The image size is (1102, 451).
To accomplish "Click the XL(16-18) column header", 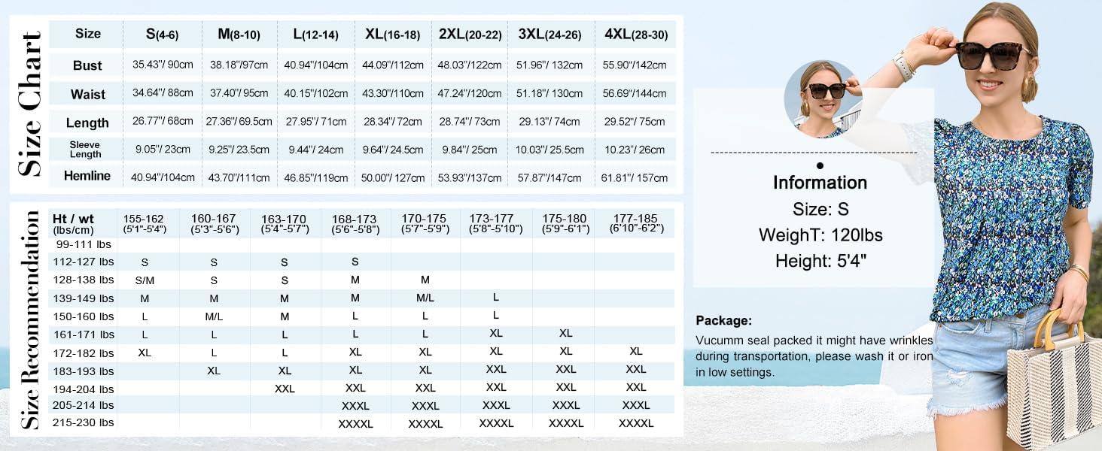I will [392, 35].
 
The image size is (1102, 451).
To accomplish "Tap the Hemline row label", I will [87, 176].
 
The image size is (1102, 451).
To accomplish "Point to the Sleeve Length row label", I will [85, 150].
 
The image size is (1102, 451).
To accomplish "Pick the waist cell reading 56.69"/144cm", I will [635, 94].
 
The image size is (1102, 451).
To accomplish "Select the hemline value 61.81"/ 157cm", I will [635, 178].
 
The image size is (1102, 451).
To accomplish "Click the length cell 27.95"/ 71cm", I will [316, 122].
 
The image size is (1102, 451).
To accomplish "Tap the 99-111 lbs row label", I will [84, 244].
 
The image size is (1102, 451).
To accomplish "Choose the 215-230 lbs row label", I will [83, 422].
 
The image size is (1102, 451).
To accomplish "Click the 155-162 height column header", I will [144, 223].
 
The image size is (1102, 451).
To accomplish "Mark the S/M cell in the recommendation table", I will [145, 280].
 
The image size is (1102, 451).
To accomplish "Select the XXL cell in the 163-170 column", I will [285, 389].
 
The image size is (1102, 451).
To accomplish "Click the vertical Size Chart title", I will [30, 104].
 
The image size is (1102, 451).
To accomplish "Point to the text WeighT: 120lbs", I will [820, 235].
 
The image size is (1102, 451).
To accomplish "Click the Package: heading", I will [723, 321].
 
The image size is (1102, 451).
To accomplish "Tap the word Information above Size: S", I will [820, 183].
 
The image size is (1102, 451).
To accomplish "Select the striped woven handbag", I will [1053, 389].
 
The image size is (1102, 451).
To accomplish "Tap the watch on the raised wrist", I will [903, 66].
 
